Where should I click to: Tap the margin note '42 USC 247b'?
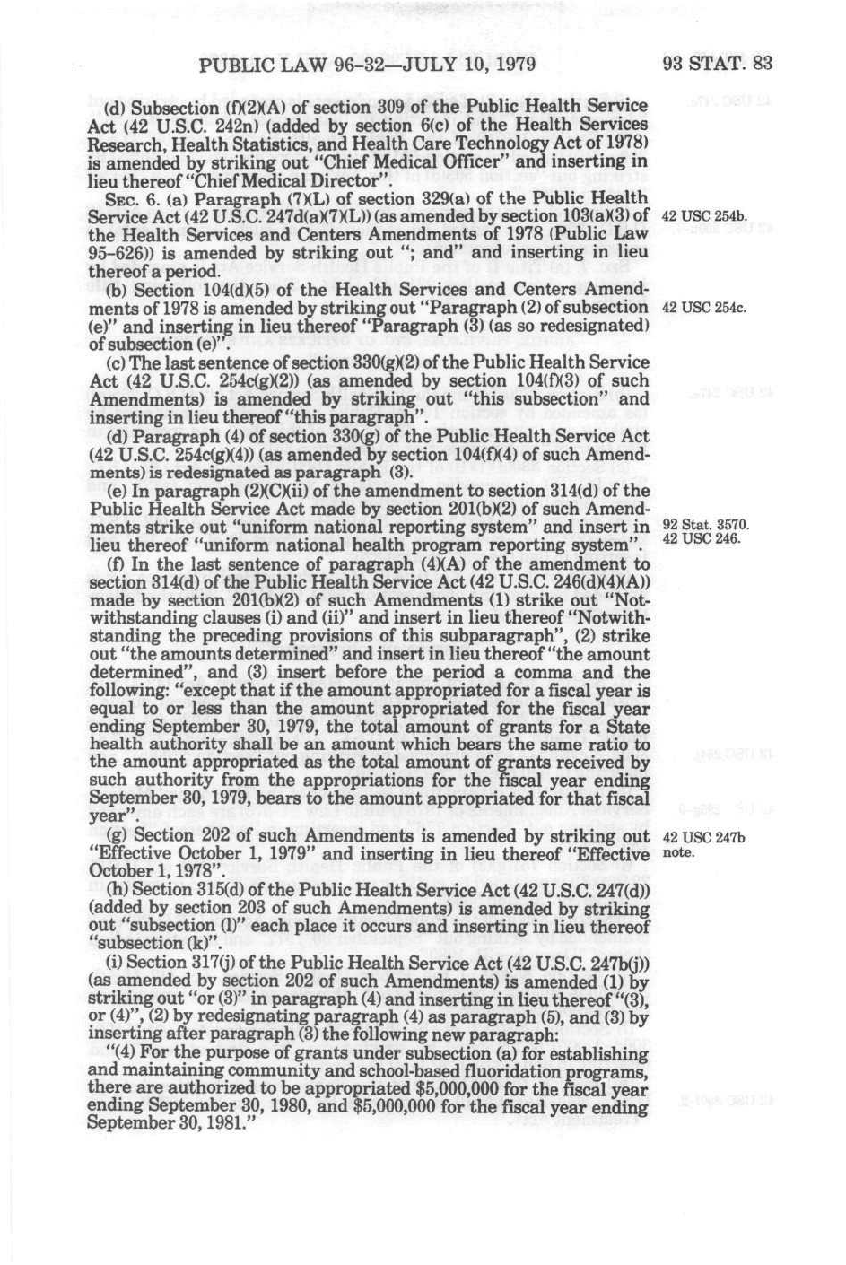click(703, 838)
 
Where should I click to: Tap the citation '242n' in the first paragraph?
click(226, 126)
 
